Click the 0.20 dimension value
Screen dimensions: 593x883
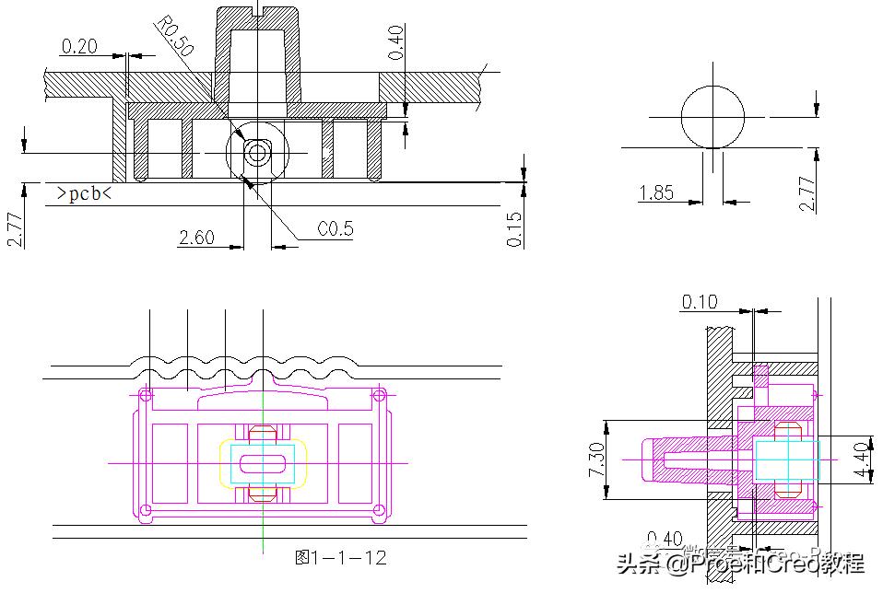[79, 45]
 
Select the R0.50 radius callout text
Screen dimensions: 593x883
[175, 37]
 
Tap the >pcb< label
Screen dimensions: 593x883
[84, 193]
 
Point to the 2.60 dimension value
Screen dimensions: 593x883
[196, 238]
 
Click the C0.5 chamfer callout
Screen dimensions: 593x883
[335, 229]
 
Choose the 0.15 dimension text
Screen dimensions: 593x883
[514, 229]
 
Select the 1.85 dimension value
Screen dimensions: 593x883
[655, 192]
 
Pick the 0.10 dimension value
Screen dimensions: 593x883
[700, 302]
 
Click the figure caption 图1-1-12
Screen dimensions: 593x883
[340, 557]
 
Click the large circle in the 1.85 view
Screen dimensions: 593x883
[712, 117]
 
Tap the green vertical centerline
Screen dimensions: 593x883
[263, 516]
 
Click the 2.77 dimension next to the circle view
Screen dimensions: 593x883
[807, 193]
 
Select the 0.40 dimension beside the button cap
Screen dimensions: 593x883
[394, 42]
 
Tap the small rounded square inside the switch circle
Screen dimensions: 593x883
[256, 151]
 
